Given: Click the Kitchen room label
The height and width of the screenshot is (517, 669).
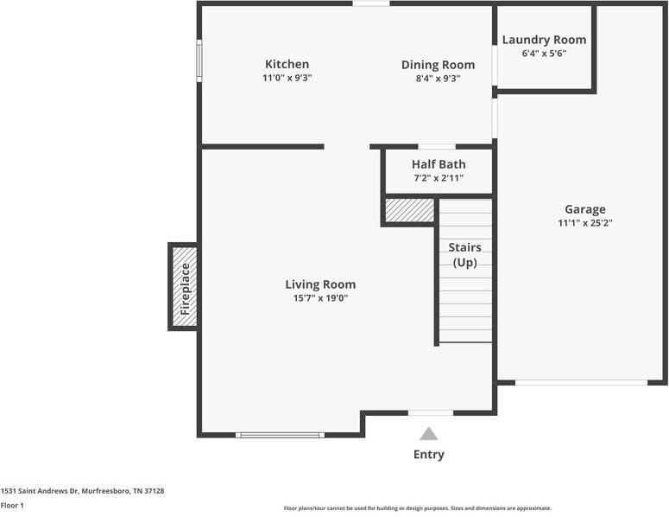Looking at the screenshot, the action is tap(287, 64).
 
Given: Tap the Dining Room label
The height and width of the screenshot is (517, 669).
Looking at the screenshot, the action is tap(439, 65).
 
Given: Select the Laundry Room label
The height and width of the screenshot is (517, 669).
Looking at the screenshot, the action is tap(544, 40).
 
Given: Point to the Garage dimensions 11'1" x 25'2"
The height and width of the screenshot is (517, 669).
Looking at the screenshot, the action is tap(585, 223).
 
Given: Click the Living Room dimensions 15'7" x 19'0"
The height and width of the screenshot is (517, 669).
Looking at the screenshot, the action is tap(320, 298).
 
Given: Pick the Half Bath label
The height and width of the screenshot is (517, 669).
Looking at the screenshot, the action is tap(439, 164).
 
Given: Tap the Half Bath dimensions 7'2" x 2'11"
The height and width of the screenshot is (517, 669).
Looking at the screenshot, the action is tap(439, 178).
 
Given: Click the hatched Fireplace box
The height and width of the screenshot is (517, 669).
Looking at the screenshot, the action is tap(185, 287).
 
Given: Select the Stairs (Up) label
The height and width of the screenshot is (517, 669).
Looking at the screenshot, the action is tap(465, 255).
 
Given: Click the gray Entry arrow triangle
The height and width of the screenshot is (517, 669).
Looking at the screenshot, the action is tap(429, 434).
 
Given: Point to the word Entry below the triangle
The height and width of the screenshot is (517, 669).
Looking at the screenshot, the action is tap(429, 455).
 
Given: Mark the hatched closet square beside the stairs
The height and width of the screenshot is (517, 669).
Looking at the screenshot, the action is tap(409, 210).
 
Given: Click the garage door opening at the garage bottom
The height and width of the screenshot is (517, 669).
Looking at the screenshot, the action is tap(582, 383).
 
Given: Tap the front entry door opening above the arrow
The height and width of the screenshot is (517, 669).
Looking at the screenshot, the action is tap(431, 413).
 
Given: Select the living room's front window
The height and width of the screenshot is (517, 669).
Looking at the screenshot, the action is tap(280, 435).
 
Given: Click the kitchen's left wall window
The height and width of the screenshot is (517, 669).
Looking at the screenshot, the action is tap(199, 61).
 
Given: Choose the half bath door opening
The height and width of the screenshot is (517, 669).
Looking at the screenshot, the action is tap(437, 147).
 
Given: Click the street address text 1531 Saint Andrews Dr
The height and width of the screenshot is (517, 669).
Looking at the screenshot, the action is tap(40, 491).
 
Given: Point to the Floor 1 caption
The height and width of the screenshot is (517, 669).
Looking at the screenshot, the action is tap(12, 506).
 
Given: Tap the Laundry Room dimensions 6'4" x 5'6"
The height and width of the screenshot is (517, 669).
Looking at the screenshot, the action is tap(544, 54).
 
